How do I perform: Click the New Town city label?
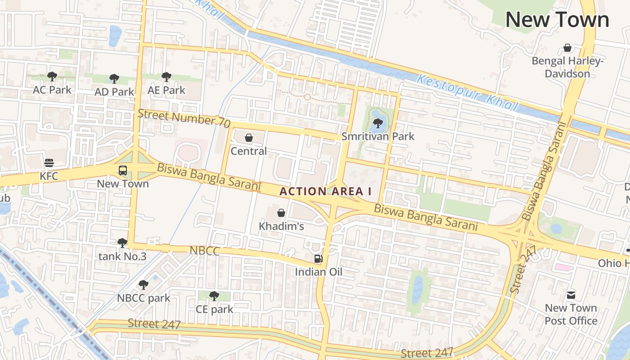[557, 20]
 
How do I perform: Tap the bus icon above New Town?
[123, 171]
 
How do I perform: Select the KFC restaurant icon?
[49, 163]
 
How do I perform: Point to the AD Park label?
[114, 92]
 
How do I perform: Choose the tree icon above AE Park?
[166, 77]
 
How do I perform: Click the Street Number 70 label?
[184, 118]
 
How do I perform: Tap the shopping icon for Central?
[249, 138]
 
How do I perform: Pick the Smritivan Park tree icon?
[378, 123]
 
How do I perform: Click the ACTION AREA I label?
[325, 191]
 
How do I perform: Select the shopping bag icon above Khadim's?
[281, 213]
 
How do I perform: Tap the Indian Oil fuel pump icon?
[318, 258]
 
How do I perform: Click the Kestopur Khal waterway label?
[468, 93]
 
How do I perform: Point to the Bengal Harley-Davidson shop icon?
[567, 48]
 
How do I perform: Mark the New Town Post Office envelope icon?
[571, 295]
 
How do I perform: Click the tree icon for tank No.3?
[122, 243]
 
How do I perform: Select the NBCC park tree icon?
[144, 285]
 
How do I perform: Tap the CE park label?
[215, 309]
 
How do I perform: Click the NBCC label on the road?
[204, 251]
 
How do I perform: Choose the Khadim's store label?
[281, 226]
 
